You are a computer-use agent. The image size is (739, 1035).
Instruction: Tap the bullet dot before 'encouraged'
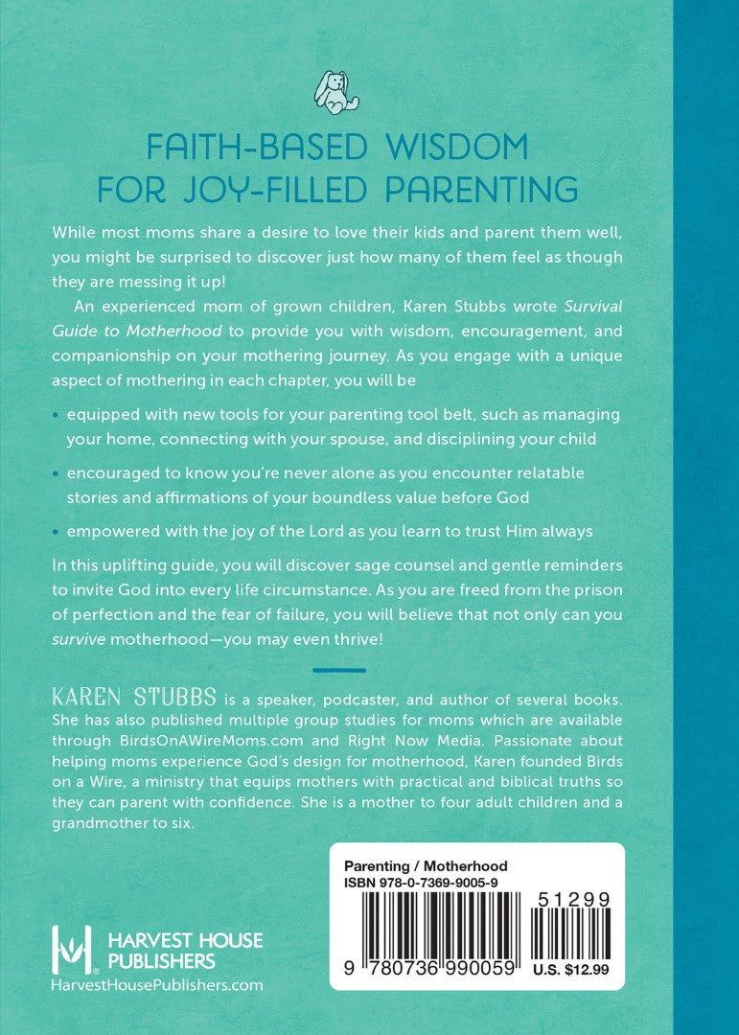58,474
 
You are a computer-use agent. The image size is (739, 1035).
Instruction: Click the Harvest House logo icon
74,948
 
